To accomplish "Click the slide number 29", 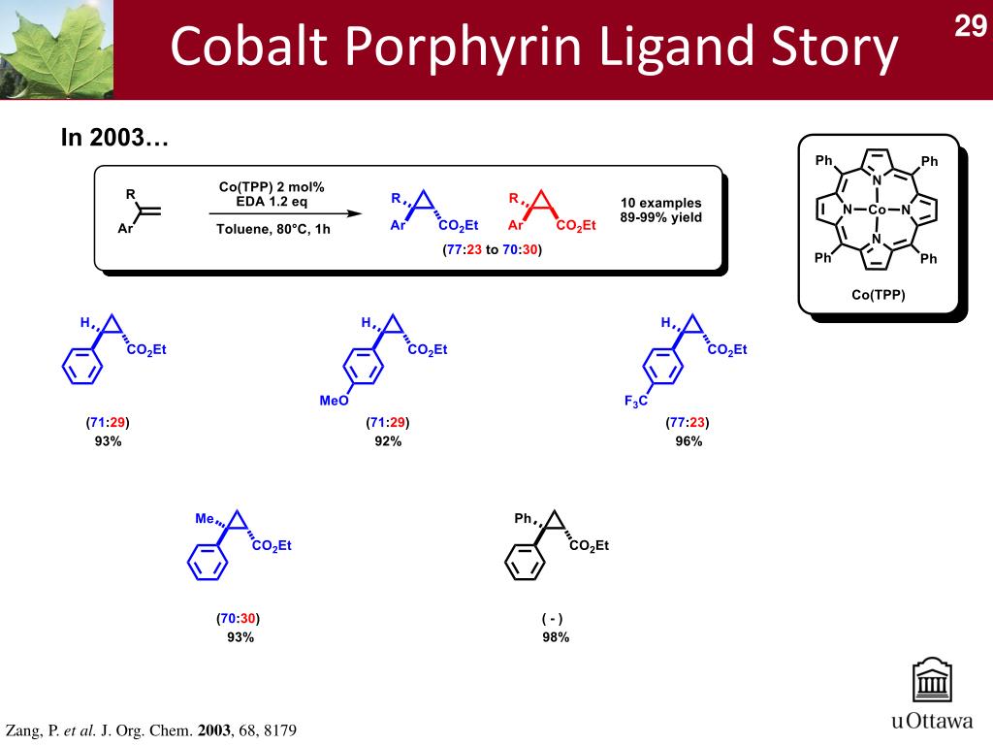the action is point(970,26).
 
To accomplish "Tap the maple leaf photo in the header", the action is point(56,49).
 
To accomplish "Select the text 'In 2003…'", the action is point(115,139).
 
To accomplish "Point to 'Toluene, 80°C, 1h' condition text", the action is point(272,230).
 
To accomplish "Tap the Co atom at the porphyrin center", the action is point(876,210).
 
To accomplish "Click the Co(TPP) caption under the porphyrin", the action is point(878,295).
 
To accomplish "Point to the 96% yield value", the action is point(689,441).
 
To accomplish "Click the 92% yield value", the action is point(388,441).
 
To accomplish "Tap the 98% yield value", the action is point(556,637).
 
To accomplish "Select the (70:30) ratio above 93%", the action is point(239,618).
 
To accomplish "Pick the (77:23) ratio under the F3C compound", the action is point(688,423).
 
